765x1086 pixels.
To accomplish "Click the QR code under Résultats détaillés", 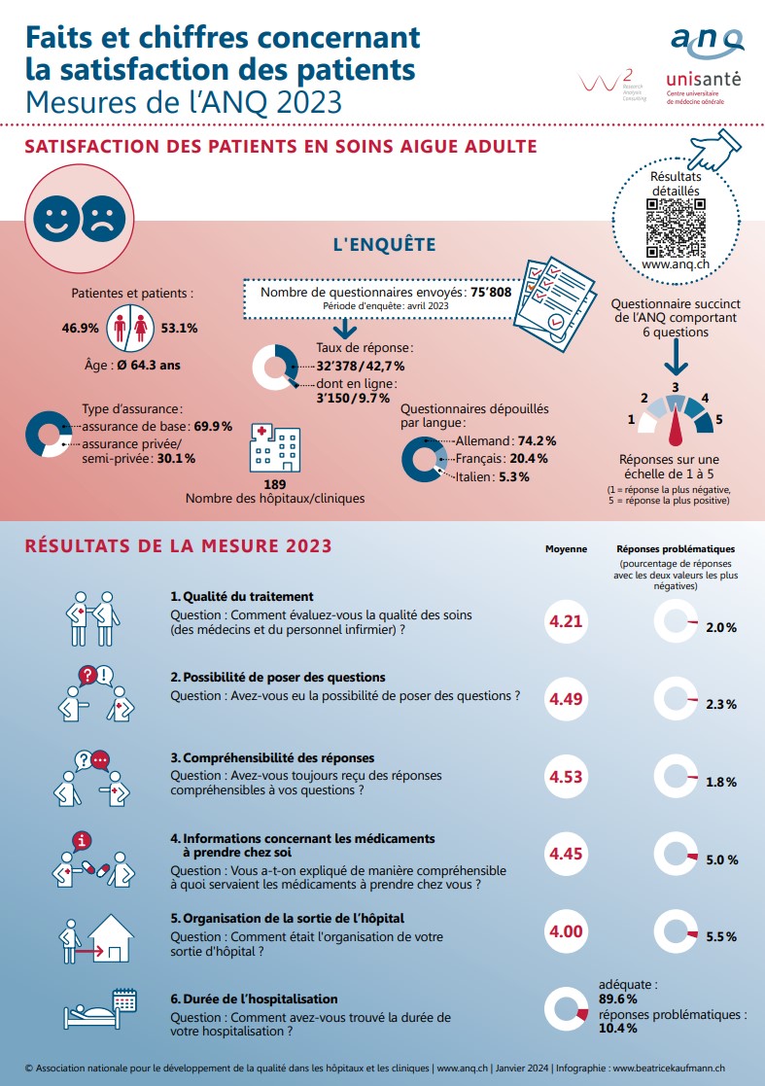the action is click(676, 228).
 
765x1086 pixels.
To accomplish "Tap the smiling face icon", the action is click(56, 219).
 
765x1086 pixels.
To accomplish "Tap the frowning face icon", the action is click(103, 219).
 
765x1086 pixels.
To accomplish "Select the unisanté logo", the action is click(704, 88).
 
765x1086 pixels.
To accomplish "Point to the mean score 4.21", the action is click(566, 621).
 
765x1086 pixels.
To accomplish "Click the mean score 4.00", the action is click(566, 931).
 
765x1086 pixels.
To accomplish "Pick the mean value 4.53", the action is click(566, 777).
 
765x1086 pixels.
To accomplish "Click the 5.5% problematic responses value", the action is click(721, 936).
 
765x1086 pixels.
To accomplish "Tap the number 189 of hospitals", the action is click(275, 484).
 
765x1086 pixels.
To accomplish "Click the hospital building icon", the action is click(275, 448).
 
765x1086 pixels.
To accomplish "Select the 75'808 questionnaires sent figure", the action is click(491, 293).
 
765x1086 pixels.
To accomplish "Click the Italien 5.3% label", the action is click(492, 476).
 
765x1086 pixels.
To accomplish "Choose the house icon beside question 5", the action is click(111, 938).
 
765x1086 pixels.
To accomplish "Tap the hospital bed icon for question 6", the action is click(100, 1008).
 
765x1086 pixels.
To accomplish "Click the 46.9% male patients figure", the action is click(81, 328).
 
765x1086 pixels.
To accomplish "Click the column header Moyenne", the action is click(567, 548).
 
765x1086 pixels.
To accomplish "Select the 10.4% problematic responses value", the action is click(617, 1029).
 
